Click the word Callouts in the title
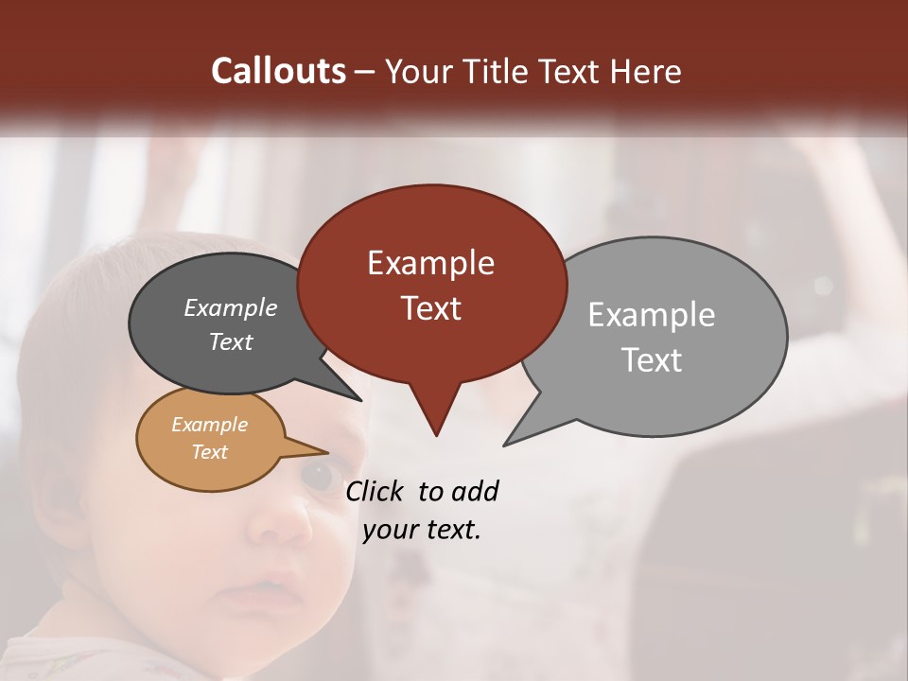pyautogui.click(x=278, y=71)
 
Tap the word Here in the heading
pyautogui.click(x=646, y=72)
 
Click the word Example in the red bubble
pyautogui.click(x=430, y=263)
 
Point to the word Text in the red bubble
pyautogui.click(x=430, y=308)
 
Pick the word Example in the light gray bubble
pyautogui.click(x=651, y=315)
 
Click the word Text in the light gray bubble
pyautogui.click(x=652, y=360)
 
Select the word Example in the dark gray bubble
pyautogui.click(x=230, y=307)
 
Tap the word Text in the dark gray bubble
pyautogui.click(x=230, y=341)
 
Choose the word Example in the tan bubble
pyautogui.click(x=209, y=425)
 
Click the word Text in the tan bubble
pyautogui.click(x=209, y=452)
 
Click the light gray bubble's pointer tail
pyautogui.click(x=515, y=437)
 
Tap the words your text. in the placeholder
pyautogui.click(x=421, y=530)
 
